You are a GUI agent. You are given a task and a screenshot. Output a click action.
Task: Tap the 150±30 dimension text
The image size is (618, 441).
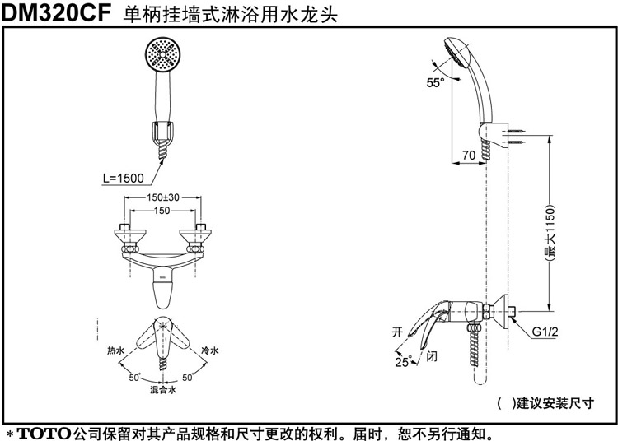click(x=163, y=198)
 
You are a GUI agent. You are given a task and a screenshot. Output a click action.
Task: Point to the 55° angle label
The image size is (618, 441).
click(x=435, y=81)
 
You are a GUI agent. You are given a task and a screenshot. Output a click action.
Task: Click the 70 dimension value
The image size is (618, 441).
click(x=468, y=155)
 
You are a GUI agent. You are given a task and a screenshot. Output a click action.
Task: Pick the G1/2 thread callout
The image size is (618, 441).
click(x=545, y=332)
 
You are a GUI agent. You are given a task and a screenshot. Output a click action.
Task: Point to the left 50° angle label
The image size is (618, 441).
click(x=134, y=377)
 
